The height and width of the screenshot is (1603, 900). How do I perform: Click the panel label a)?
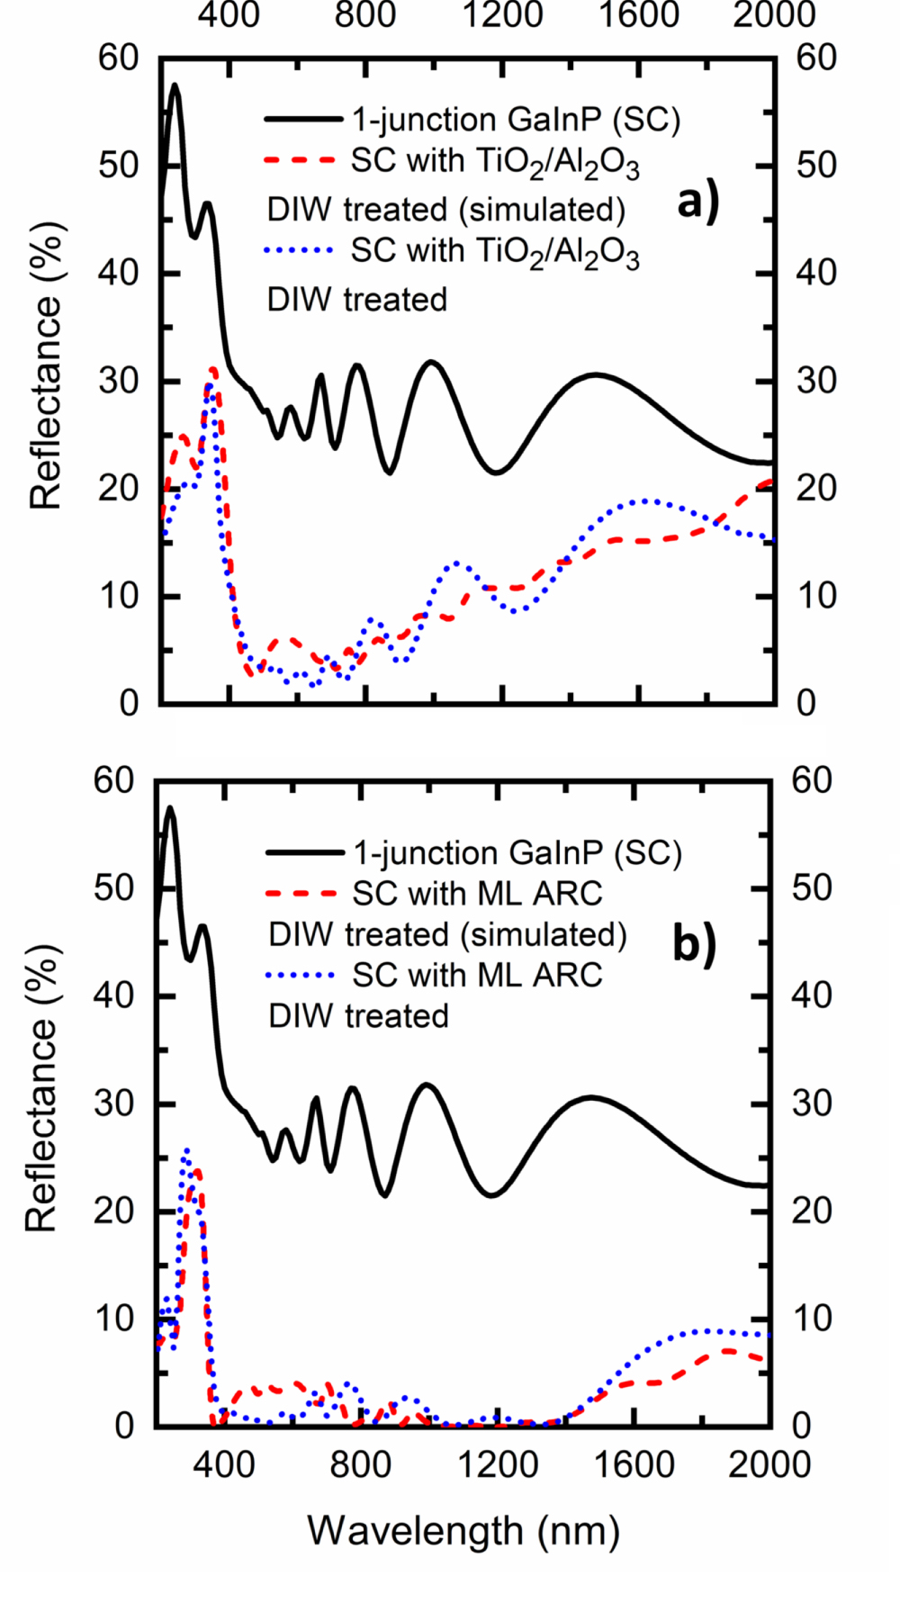(698, 202)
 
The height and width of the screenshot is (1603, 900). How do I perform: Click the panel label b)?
(695, 944)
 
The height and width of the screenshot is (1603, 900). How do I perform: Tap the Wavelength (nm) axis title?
(463, 1530)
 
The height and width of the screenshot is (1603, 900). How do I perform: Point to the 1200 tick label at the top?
(502, 15)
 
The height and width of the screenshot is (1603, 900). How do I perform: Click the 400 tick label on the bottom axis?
(223, 1464)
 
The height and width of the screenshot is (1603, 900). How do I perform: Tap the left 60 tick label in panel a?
(120, 59)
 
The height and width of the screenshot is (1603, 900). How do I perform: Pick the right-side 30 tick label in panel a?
(815, 381)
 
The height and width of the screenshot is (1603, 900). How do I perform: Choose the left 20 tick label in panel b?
(114, 1211)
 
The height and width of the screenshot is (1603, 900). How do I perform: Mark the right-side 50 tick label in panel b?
(812, 888)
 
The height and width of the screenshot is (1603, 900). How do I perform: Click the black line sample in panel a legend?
(302, 119)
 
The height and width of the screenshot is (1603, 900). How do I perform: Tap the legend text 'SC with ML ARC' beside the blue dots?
(477, 975)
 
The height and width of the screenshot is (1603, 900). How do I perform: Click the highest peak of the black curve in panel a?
(175, 86)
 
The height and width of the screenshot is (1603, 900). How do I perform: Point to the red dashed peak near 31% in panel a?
(213, 369)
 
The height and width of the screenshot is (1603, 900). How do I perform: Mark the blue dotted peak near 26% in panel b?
(186, 1150)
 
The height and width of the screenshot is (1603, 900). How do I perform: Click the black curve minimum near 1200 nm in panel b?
(491, 1195)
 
